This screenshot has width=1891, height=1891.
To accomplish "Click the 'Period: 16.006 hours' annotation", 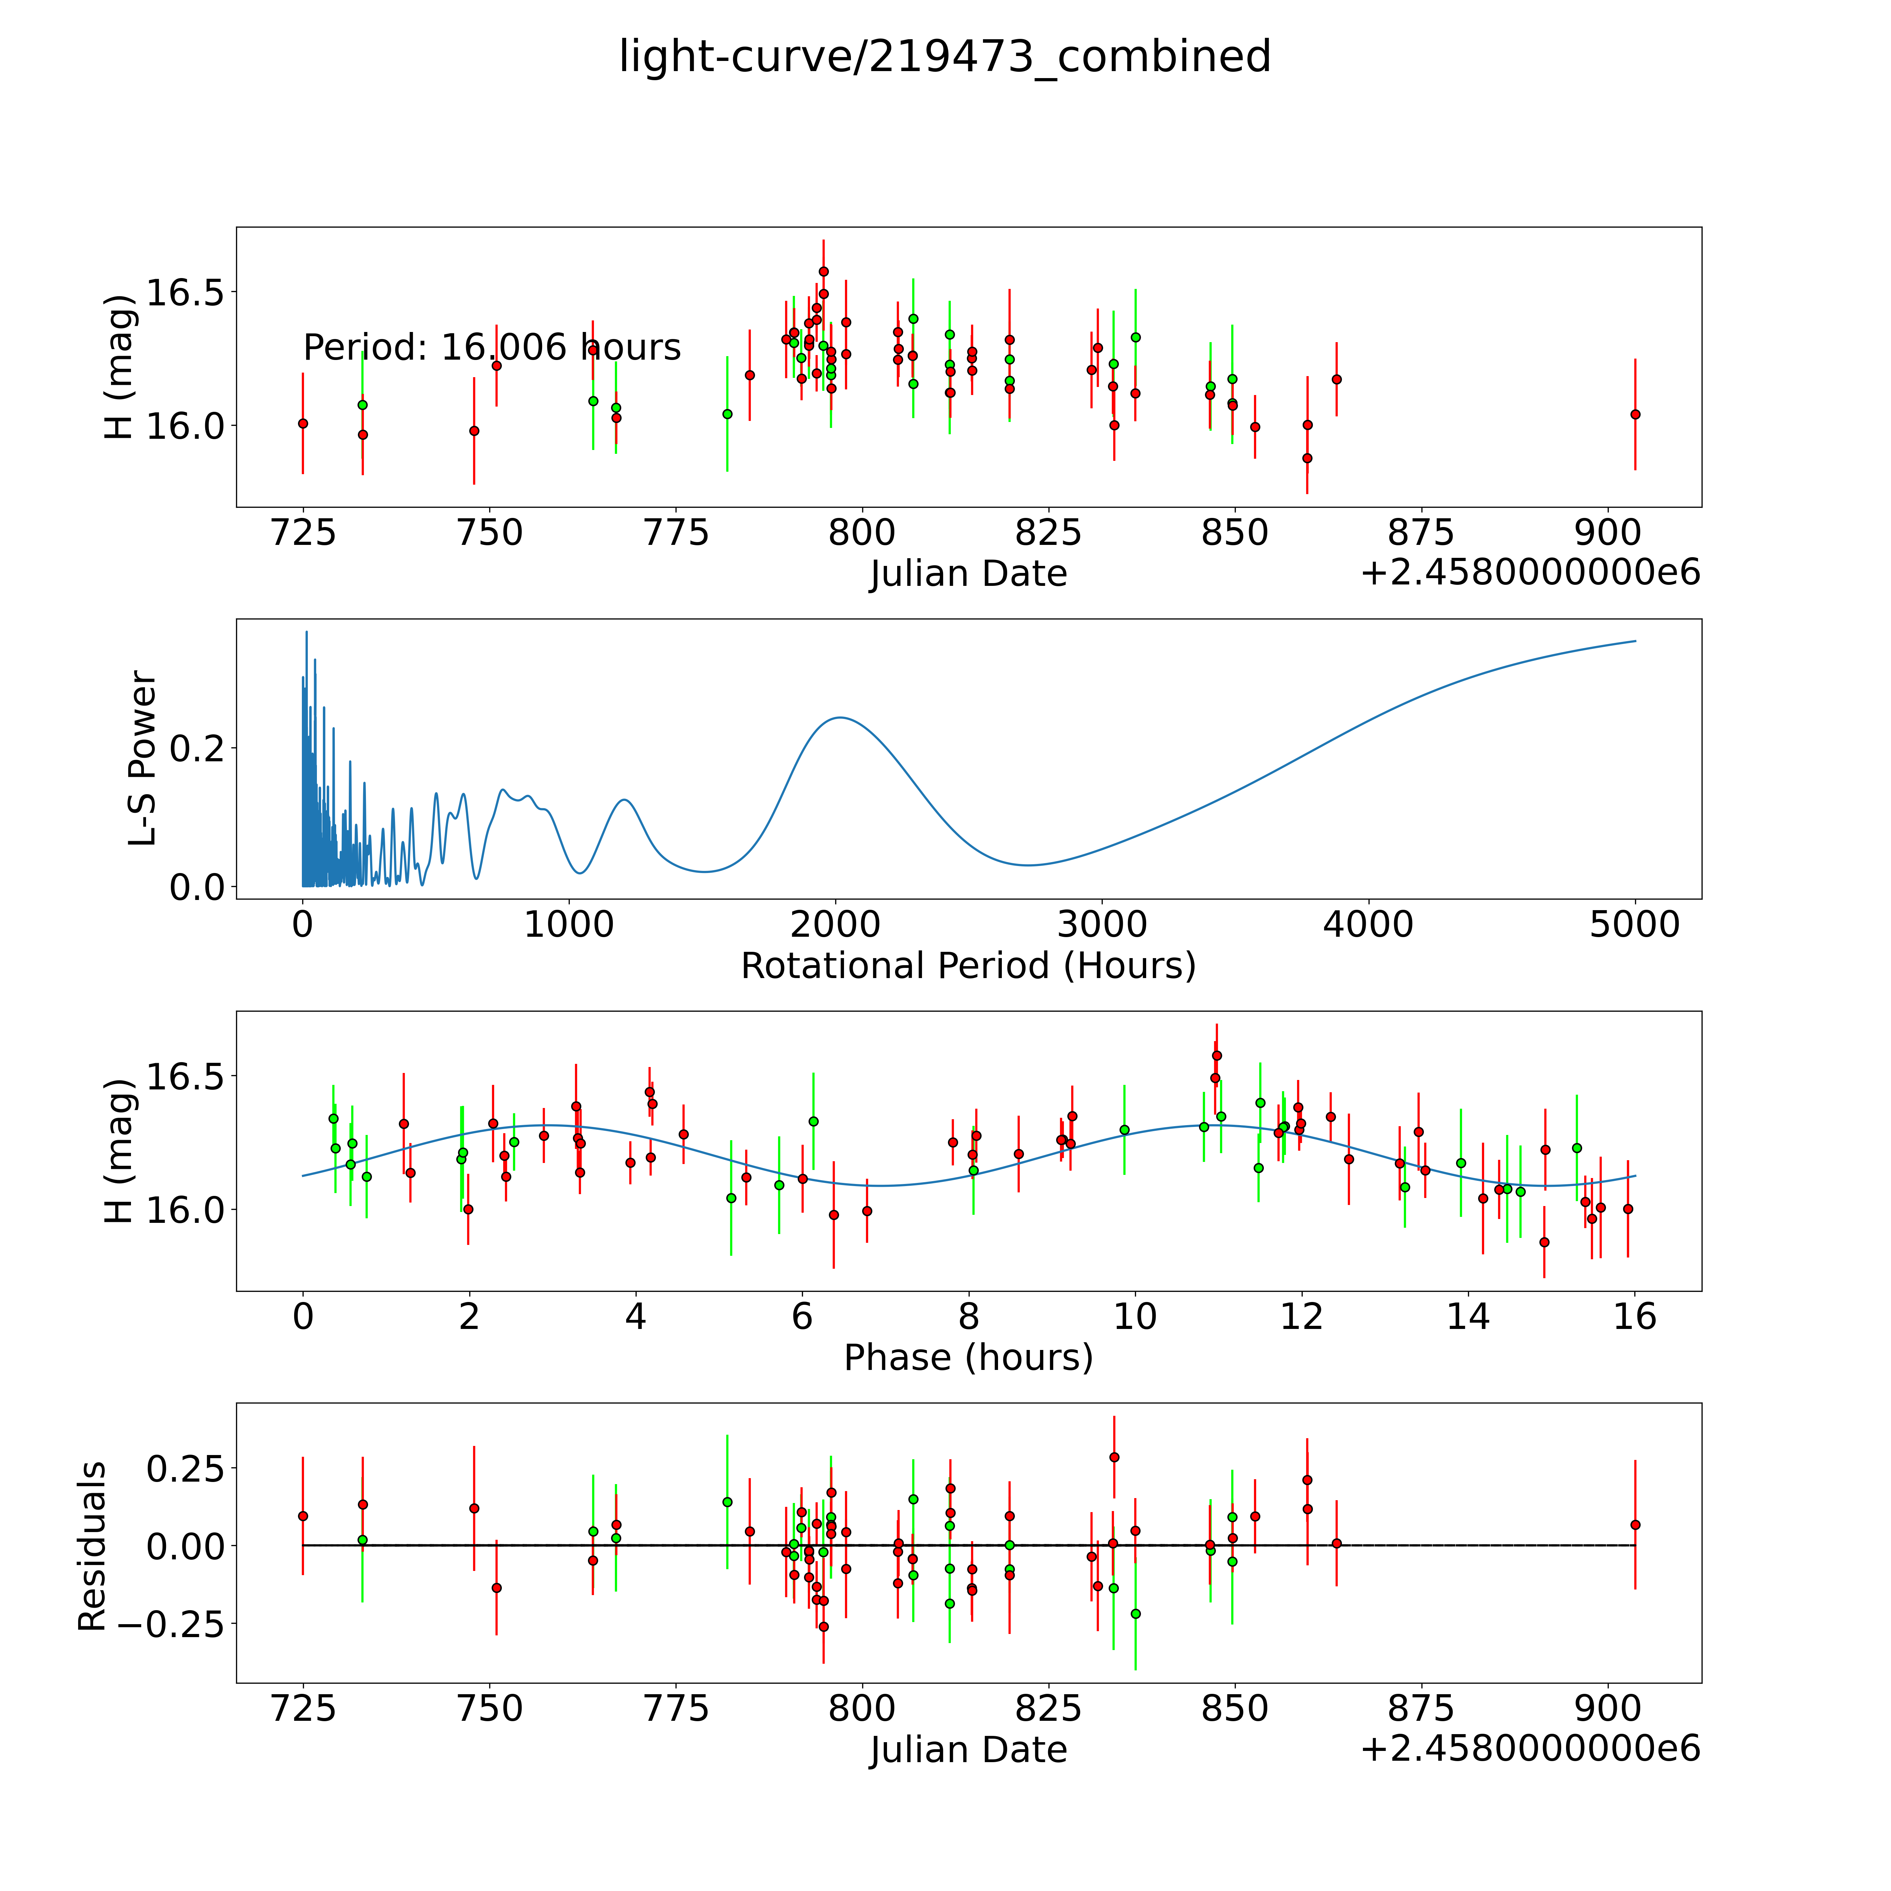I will (491, 347).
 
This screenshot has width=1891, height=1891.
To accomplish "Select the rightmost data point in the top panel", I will (1635, 414).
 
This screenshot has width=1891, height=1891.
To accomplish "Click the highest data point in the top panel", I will (823, 271).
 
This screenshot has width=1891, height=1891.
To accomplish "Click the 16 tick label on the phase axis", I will (1635, 1316).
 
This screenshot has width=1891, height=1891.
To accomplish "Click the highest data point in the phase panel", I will (1217, 1055).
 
